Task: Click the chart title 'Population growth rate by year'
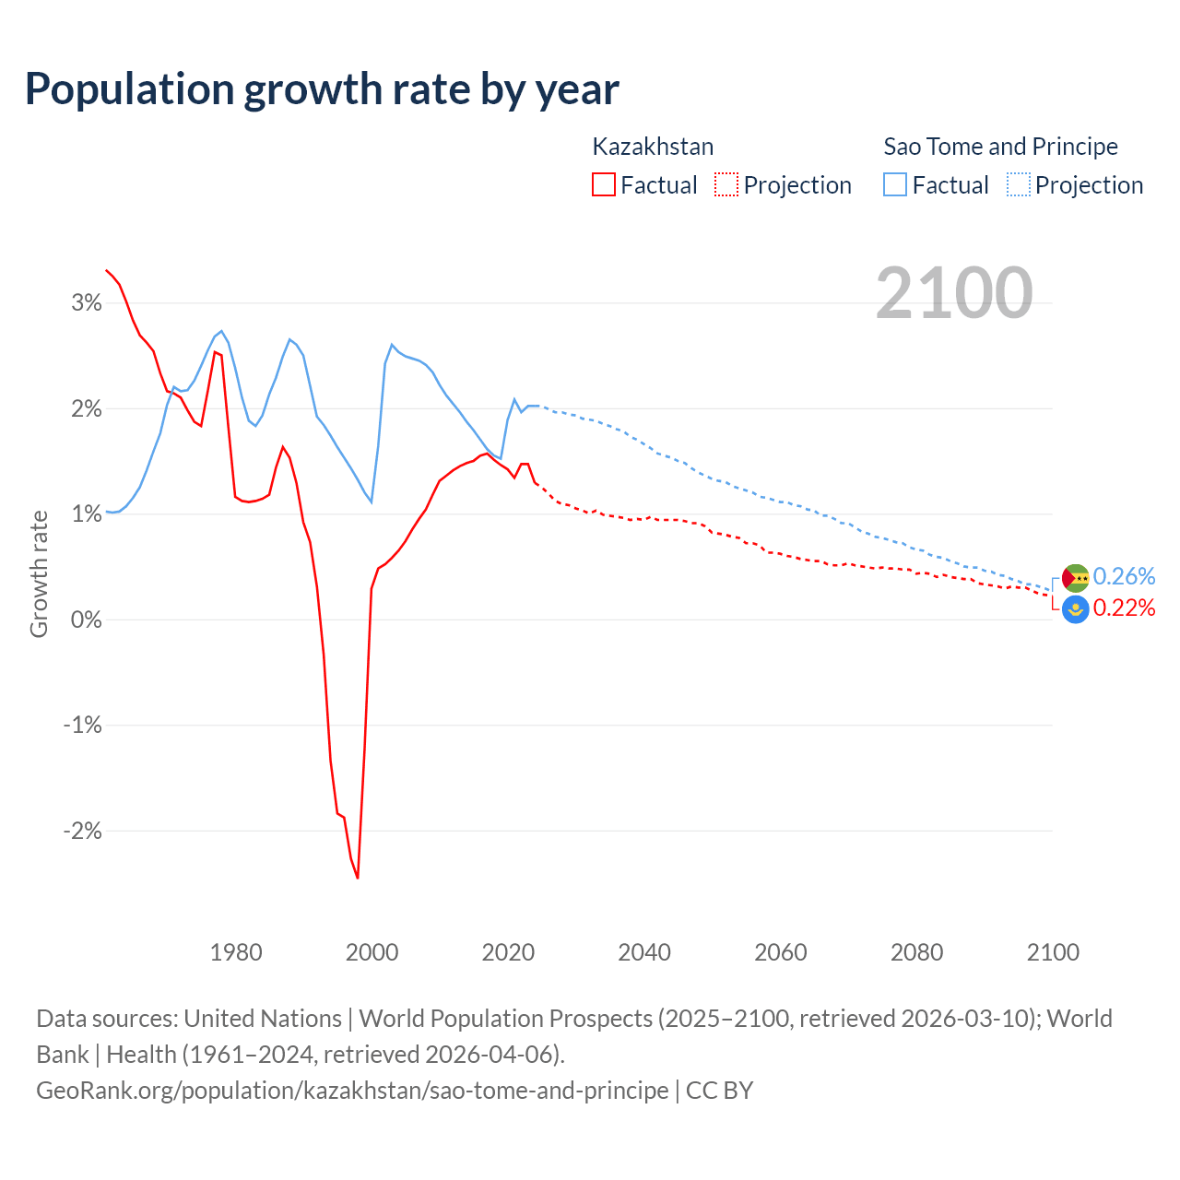pyautogui.click(x=322, y=89)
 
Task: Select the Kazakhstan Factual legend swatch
pyautogui.click(x=603, y=185)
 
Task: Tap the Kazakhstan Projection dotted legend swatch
pyautogui.click(x=726, y=185)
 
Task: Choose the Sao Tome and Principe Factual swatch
pyautogui.click(x=894, y=185)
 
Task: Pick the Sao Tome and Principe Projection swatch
pyautogui.click(x=1019, y=185)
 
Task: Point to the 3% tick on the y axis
pyautogui.click(x=87, y=303)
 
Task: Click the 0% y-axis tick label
pyautogui.click(x=87, y=619)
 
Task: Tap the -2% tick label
pyautogui.click(x=82, y=831)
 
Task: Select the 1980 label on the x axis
pyautogui.click(x=236, y=952)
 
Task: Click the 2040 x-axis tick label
pyautogui.click(x=644, y=952)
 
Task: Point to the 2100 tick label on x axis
pyautogui.click(x=1053, y=952)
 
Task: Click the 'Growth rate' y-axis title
pyautogui.click(x=39, y=573)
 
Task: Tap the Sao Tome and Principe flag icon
pyautogui.click(x=1076, y=578)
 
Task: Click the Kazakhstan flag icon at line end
pyautogui.click(x=1076, y=609)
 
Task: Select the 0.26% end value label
pyautogui.click(x=1124, y=576)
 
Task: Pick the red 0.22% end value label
pyautogui.click(x=1124, y=608)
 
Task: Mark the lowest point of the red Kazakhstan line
pyautogui.click(x=358, y=878)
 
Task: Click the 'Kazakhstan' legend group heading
pyautogui.click(x=653, y=147)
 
